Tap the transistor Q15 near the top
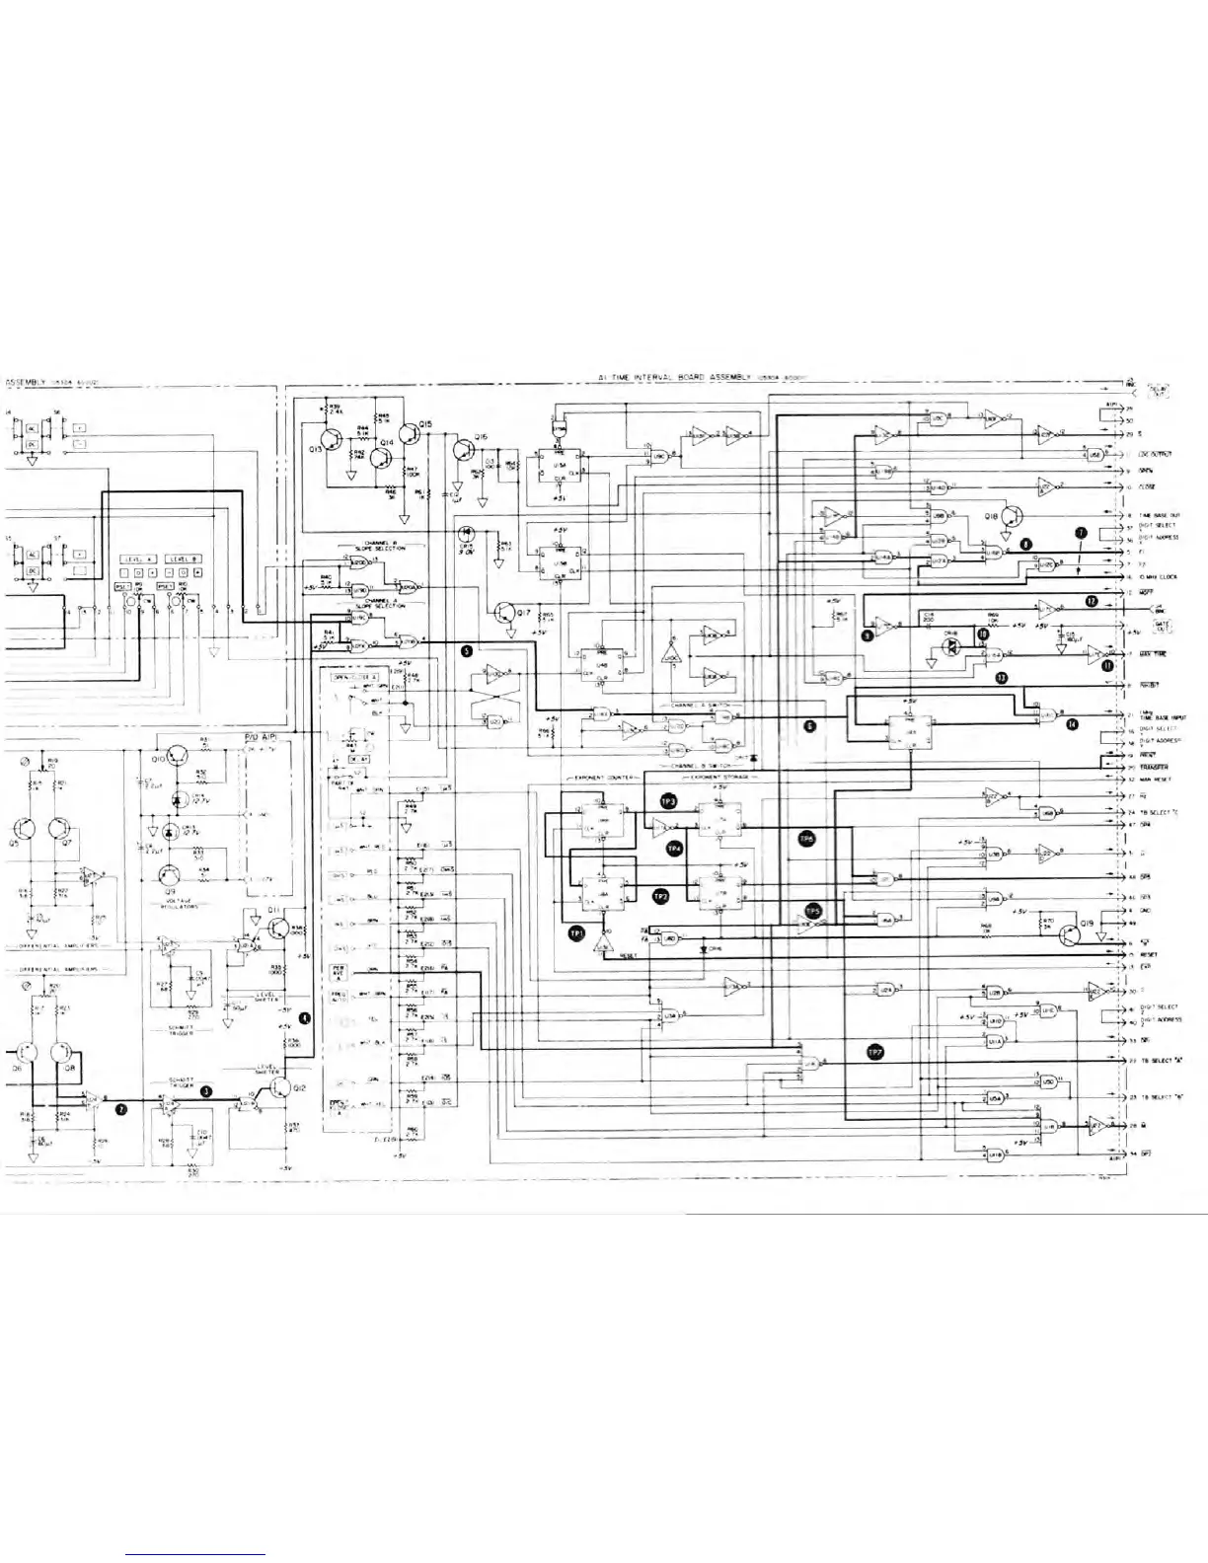(x=411, y=435)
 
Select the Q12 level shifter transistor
(x=280, y=1087)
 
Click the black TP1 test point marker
(x=575, y=930)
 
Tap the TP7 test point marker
(x=873, y=1052)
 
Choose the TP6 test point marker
(x=806, y=838)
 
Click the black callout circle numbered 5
(x=466, y=650)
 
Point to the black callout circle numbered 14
(x=1073, y=723)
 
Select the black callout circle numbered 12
(x=1091, y=600)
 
